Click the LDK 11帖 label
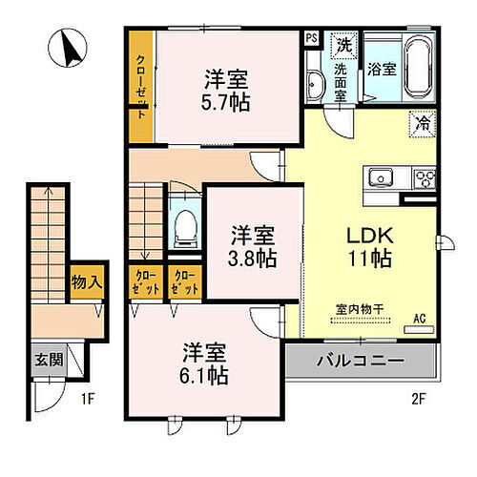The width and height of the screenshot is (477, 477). click(x=365, y=245)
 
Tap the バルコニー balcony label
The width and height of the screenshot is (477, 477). click(x=358, y=363)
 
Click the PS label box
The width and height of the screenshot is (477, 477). click(x=312, y=38)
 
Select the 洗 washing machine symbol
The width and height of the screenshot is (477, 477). click(x=342, y=44)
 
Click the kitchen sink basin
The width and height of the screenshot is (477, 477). click(x=380, y=176)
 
